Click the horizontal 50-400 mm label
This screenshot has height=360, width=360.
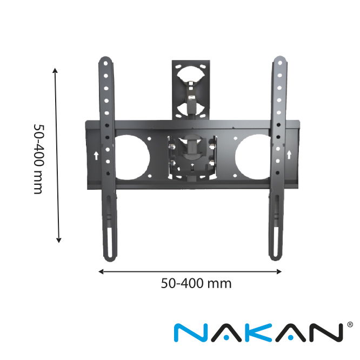tap(196, 283)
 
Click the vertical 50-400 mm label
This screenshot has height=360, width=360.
tap(38, 159)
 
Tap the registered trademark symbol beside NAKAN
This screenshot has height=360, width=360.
tap(350, 324)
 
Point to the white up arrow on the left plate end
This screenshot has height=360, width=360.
tap(96, 156)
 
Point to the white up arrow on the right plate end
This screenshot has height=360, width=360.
tap(289, 155)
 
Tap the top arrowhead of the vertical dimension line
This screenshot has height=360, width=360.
tap(55, 70)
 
